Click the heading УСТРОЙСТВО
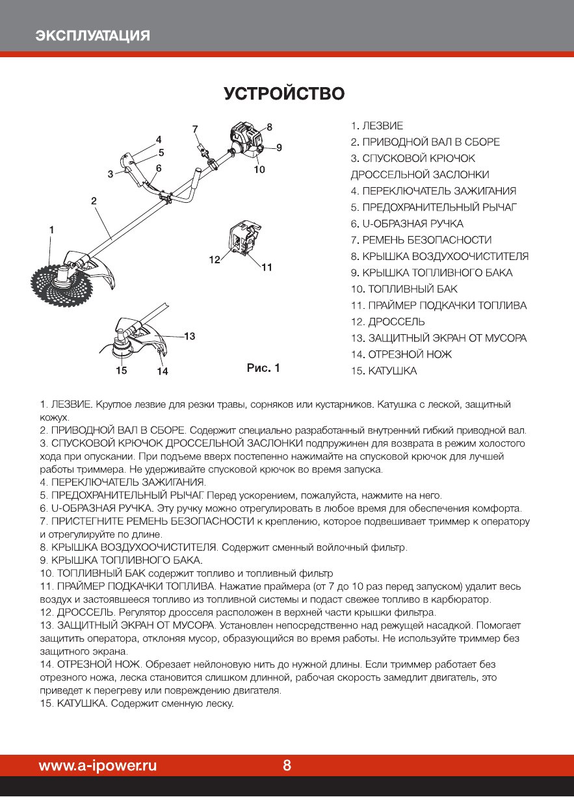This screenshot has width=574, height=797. [285, 94]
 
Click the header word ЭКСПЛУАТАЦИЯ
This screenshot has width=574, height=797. [93, 35]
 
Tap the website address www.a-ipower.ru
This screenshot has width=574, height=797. [98, 765]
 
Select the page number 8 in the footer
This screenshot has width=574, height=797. [287, 765]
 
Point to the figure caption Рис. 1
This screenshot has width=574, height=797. [263, 369]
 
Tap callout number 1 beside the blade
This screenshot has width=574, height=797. [51, 229]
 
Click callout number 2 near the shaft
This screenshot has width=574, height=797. [94, 202]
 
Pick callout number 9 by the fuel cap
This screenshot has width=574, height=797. [279, 148]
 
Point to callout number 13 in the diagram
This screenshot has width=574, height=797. [190, 336]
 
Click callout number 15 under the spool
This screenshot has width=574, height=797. [122, 371]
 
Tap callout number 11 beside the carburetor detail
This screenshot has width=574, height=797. [266, 267]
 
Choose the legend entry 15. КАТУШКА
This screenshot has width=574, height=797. [384, 371]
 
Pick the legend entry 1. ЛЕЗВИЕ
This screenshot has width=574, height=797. [377, 125]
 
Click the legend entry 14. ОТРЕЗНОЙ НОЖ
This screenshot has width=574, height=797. [401, 354]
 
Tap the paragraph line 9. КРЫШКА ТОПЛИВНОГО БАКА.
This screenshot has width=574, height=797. [122, 560]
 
